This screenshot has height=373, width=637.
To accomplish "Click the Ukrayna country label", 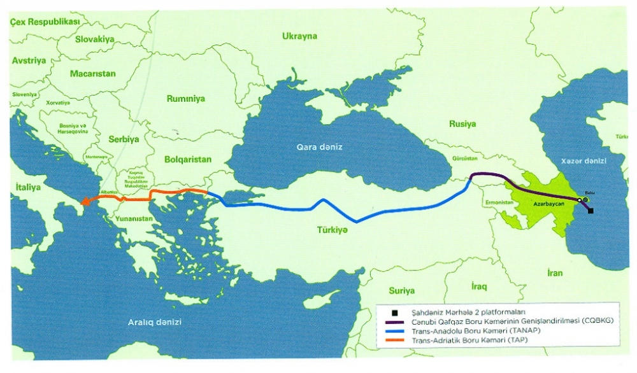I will tap(299, 36).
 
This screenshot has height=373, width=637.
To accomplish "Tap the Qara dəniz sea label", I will tap(319, 147).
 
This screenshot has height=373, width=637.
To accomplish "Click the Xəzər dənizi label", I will tap(583, 161).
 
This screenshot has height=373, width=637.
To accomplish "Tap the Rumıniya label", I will tap(185, 99).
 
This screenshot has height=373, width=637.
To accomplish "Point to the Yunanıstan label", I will tap(134, 218).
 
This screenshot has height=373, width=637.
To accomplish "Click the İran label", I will tap(554, 273).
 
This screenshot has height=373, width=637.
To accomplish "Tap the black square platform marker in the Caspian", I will tap(590, 211).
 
